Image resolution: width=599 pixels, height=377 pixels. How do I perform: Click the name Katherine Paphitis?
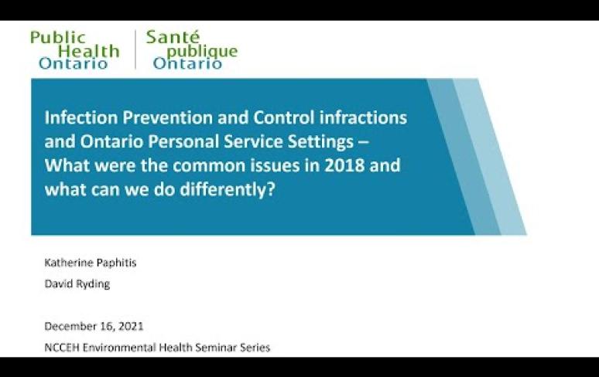90,263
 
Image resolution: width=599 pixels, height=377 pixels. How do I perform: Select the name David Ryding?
77,284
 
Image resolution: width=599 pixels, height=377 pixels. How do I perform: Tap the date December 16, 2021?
94,326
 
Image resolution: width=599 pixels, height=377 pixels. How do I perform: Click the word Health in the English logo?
89,51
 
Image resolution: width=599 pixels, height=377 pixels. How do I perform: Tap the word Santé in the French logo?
173,37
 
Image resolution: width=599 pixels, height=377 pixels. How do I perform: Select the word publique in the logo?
202,51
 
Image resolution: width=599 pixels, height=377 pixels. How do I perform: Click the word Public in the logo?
58,37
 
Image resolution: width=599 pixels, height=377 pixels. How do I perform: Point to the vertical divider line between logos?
135,49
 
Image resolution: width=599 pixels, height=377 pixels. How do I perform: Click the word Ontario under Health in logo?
73,63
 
